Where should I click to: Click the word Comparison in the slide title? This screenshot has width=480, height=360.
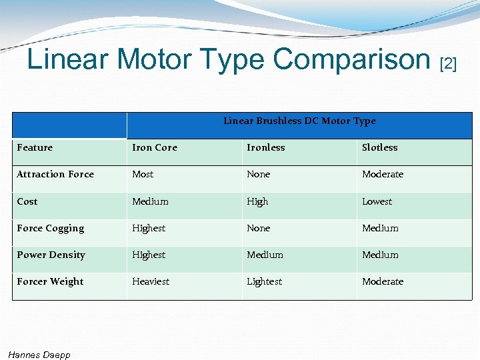(351, 59)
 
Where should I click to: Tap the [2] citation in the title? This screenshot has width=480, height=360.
(448, 64)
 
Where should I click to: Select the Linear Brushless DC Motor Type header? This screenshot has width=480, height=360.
(299, 121)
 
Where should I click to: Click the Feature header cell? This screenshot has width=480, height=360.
(35, 148)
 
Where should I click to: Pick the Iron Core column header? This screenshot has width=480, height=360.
(155, 148)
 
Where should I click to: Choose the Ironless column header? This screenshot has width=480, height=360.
(265, 148)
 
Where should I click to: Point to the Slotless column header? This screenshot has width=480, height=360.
(379, 148)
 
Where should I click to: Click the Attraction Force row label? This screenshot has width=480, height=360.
(55, 175)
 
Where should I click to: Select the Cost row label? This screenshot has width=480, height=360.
(27, 201)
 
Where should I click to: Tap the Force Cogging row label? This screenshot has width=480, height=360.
(51, 228)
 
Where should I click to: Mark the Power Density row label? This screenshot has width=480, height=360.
(51, 255)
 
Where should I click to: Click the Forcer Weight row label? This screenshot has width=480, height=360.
(51, 281)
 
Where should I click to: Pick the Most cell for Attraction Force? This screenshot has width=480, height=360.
(143, 175)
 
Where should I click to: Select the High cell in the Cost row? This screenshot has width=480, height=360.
(257, 201)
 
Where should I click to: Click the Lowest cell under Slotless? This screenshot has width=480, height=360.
(377, 201)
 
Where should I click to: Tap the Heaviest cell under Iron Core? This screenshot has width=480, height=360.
(151, 281)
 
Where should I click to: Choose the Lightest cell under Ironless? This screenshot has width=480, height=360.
(265, 281)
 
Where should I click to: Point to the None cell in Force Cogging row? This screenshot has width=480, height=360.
(259, 228)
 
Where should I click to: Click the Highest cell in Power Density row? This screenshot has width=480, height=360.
(149, 255)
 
